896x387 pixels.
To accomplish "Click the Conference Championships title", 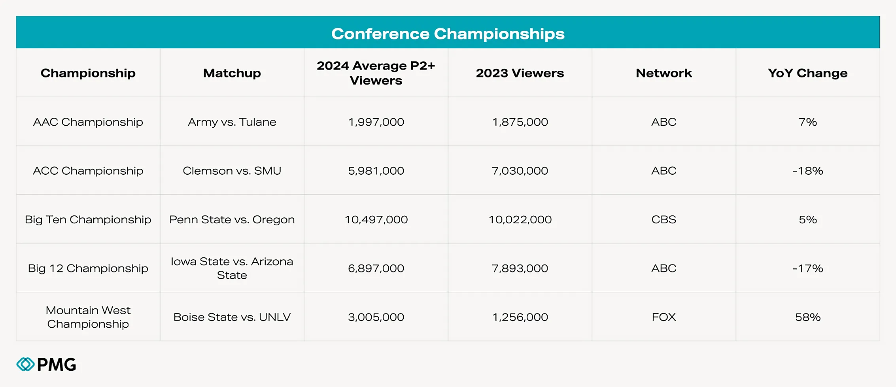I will pos(448,34).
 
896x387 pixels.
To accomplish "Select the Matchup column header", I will pos(232,73).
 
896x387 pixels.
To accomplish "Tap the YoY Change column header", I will pos(807,73).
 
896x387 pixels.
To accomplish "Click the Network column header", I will pos(663,73).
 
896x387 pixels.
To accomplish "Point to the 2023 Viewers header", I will pos(520,73).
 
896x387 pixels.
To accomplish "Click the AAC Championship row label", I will pos(88,122).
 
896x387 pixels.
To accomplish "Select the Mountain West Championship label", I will pos(88,317).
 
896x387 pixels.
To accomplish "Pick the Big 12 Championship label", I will pos(88,268).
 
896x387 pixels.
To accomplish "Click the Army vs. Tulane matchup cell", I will pos(232,122).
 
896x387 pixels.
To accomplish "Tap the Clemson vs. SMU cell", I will pos(232,171).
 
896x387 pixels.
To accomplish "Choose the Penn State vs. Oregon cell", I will pos(232,220).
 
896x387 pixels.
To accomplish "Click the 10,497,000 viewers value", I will pos(376,220).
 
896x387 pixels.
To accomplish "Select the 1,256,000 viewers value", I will pos(520,317).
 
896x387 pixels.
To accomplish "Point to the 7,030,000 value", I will pos(520,171).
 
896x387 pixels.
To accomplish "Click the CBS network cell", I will pos(663,220).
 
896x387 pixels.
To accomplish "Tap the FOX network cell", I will pos(663,317).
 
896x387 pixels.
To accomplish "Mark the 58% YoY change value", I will pos(807,317).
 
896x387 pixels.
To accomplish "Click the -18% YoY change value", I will pos(807,171).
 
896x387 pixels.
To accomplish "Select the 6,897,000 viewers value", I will pos(376,268).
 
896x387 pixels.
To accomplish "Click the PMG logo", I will pos(46,364).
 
